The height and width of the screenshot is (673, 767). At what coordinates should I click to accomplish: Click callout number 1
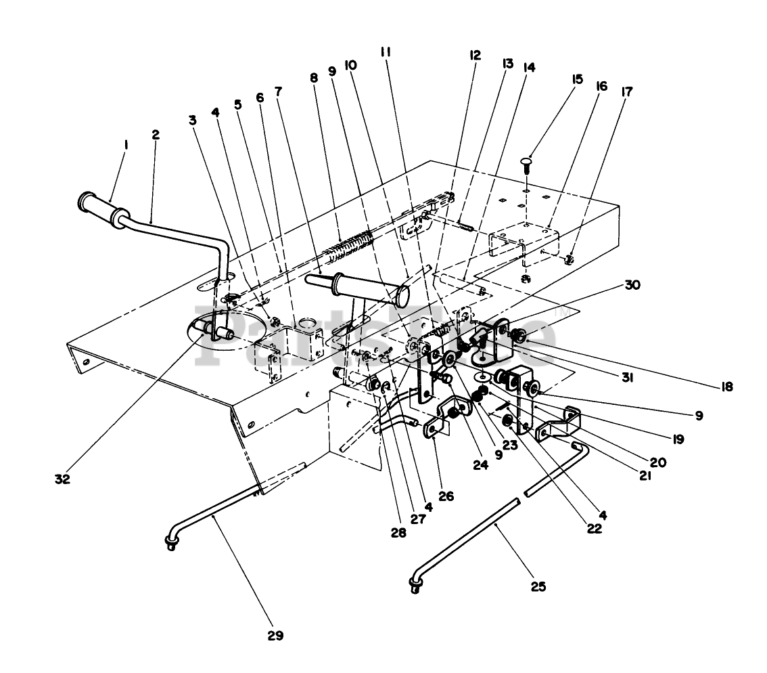(126, 144)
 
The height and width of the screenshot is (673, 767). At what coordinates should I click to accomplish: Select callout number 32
(63, 479)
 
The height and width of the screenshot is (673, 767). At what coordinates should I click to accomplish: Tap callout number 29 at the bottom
(275, 635)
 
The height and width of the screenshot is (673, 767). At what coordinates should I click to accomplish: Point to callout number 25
(538, 586)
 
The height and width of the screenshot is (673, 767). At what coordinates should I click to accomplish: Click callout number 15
(577, 79)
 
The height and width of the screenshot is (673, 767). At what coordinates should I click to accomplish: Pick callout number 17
(626, 91)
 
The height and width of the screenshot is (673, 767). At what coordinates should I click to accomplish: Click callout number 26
(446, 496)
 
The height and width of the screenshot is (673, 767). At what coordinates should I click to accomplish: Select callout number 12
(475, 56)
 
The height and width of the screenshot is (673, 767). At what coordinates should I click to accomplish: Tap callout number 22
(595, 529)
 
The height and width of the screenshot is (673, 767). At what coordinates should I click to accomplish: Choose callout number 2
(156, 135)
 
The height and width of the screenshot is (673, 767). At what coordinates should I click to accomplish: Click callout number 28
(398, 533)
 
